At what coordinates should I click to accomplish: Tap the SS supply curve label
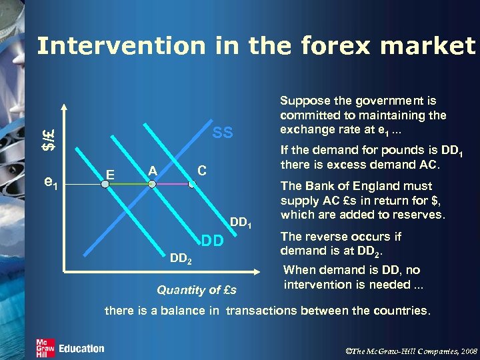click(223, 133)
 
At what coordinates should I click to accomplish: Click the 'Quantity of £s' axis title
click(196, 290)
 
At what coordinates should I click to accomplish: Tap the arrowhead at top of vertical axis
click(64, 107)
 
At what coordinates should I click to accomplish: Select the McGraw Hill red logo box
click(45, 348)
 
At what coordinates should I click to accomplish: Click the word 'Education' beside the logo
click(81, 349)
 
